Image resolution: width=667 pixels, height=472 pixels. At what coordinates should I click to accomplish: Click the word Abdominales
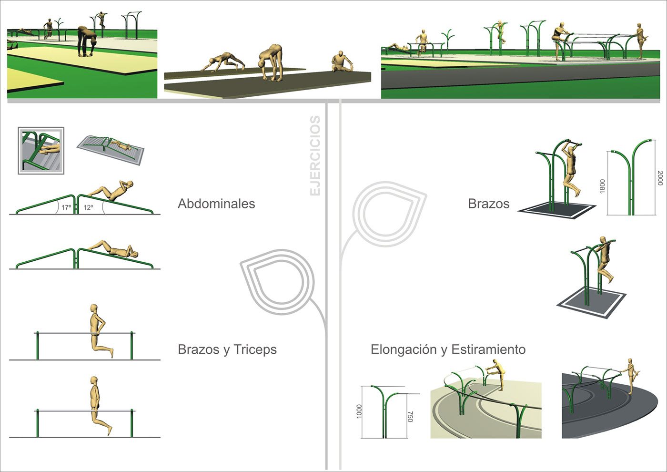click(x=216, y=204)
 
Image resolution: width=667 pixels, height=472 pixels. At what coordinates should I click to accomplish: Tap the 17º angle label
click(x=66, y=207)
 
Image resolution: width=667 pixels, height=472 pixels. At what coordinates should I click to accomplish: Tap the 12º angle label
click(x=88, y=207)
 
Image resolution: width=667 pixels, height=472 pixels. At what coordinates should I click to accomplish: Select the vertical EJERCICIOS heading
click(x=315, y=155)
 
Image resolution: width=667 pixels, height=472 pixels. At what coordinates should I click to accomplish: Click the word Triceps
click(x=255, y=349)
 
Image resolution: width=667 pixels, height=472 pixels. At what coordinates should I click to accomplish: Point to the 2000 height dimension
click(x=660, y=178)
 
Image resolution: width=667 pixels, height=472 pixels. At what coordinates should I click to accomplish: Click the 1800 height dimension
click(x=602, y=186)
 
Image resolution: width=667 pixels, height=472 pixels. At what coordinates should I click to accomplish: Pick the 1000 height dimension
click(x=359, y=411)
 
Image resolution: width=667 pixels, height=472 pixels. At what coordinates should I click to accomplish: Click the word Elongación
click(x=404, y=349)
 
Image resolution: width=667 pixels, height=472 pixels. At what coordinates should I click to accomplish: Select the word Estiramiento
click(x=489, y=349)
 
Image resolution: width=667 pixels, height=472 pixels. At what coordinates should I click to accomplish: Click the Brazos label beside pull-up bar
click(x=489, y=204)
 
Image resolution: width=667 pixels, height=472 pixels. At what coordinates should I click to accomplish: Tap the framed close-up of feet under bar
click(x=41, y=151)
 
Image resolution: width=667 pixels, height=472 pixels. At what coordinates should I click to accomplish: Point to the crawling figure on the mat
click(x=223, y=62)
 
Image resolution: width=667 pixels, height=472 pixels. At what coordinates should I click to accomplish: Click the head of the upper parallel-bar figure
click(x=94, y=308)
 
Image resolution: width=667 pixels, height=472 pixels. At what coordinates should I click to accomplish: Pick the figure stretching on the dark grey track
click(x=631, y=376)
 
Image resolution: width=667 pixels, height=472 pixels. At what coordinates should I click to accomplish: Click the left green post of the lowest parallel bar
click(x=38, y=423)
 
